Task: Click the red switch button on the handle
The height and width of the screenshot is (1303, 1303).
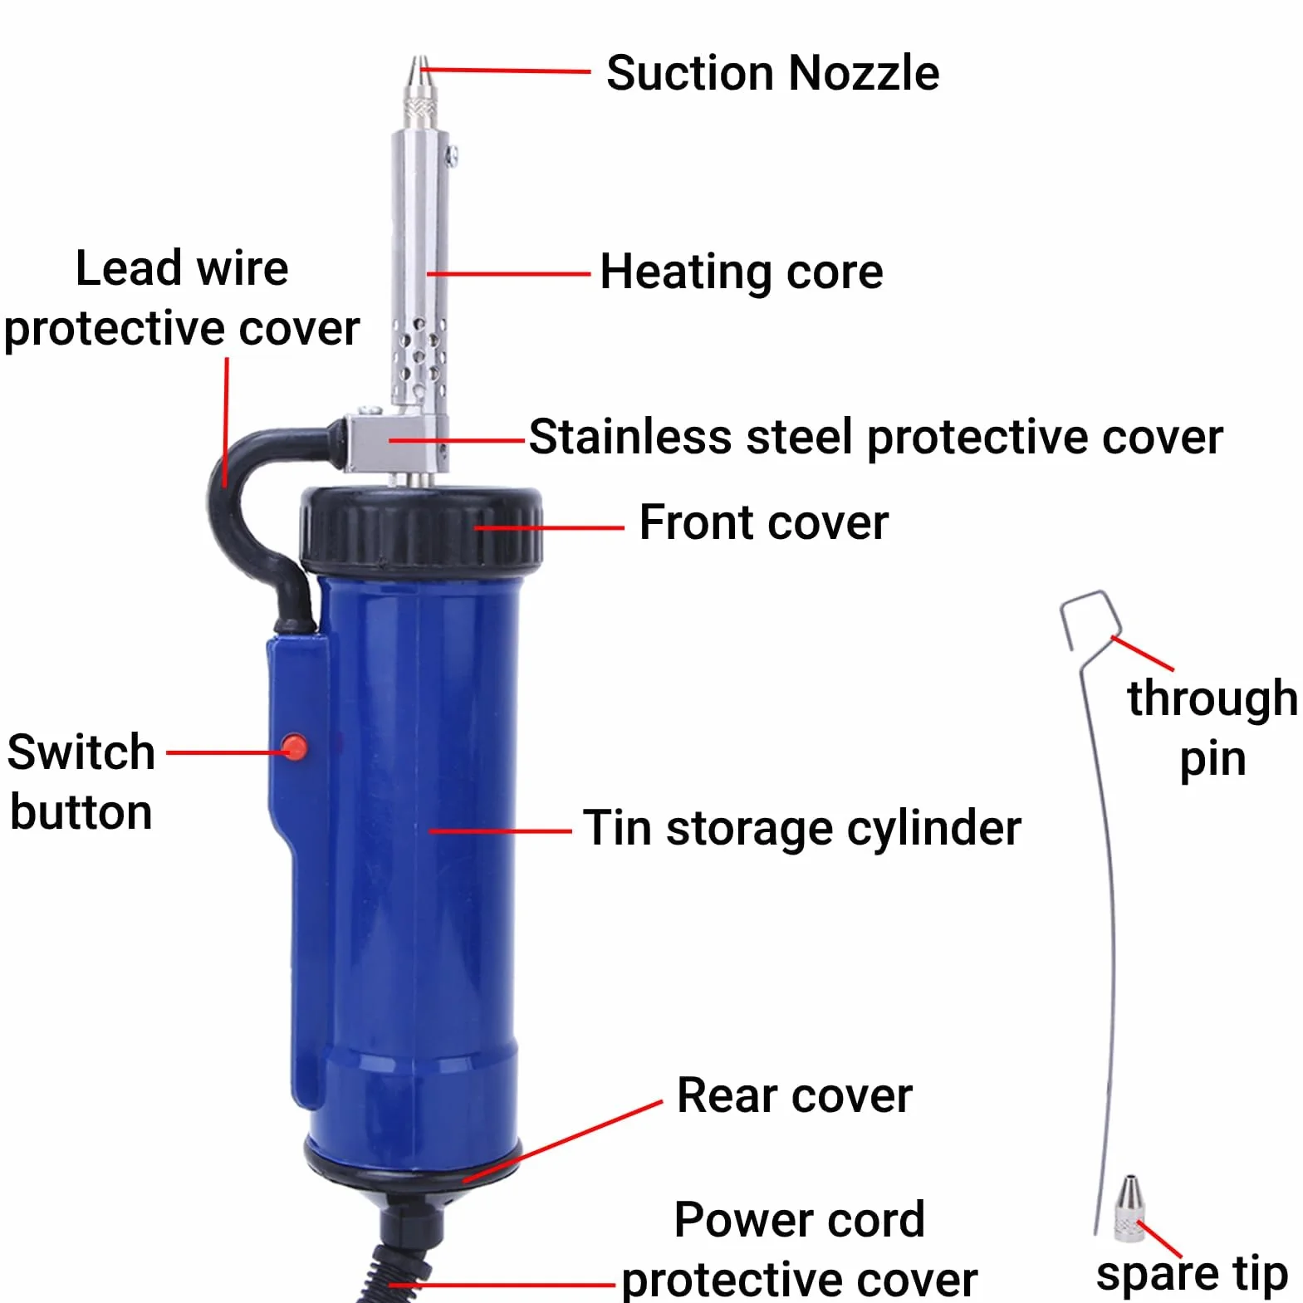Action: [x=294, y=747]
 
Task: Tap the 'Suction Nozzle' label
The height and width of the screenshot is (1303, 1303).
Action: [x=772, y=73]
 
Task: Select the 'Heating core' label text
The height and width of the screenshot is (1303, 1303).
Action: [x=742, y=272]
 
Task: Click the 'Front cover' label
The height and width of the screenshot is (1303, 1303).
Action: [x=763, y=522]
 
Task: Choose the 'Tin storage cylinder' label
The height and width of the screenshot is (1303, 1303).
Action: [x=801, y=829]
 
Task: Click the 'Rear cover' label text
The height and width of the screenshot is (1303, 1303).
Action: [x=794, y=1095]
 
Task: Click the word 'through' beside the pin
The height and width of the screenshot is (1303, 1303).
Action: [x=1212, y=698]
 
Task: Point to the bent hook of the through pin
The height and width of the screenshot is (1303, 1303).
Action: [x=1088, y=619]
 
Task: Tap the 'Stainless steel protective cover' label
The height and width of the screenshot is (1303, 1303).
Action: [x=875, y=438]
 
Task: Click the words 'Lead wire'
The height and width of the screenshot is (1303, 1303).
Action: [x=182, y=268]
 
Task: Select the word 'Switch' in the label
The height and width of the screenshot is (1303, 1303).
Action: [x=81, y=752]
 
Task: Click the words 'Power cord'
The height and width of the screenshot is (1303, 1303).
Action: [x=799, y=1219]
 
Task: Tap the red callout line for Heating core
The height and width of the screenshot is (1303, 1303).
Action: [x=509, y=273]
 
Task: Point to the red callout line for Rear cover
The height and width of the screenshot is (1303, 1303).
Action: [x=563, y=1141]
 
